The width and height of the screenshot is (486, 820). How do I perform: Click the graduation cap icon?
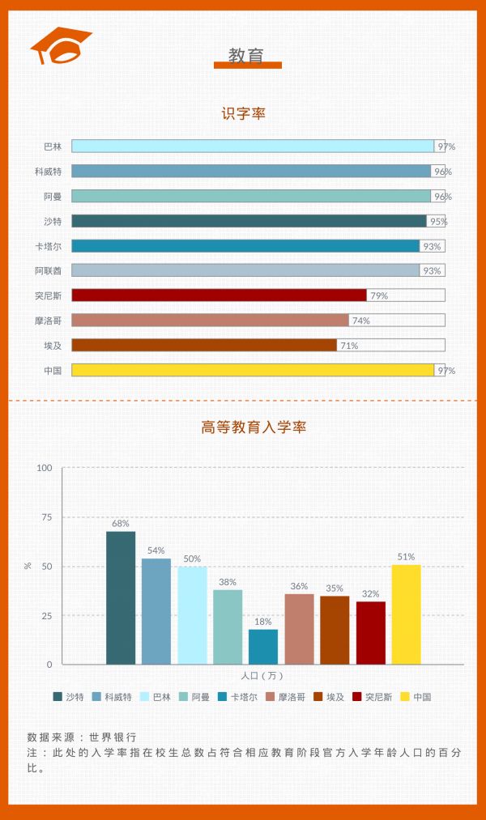pos(60,46)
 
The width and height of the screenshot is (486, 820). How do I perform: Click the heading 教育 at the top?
pos(246,55)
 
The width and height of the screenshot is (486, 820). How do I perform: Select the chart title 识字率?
pos(244,114)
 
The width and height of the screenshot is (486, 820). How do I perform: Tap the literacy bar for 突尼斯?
pos(219,295)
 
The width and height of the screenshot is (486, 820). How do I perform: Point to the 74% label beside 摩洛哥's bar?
pos(360,321)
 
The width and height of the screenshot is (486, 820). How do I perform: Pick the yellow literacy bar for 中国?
pos(253,370)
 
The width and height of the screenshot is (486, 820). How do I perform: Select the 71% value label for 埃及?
pos(348,346)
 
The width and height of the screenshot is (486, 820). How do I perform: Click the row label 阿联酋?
pos(48,270)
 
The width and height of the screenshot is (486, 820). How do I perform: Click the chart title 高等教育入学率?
pos(254,427)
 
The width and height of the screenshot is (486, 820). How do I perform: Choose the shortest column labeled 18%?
pos(263,647)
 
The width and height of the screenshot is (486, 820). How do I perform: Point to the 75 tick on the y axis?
pos(46,516)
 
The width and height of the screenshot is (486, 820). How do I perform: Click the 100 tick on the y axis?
pos(45,468)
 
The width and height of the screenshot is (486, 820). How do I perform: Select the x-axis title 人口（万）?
pos(262,675)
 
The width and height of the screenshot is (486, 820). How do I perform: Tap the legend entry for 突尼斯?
pos(372,696)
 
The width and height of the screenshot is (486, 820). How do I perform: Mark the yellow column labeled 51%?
pos(406,614)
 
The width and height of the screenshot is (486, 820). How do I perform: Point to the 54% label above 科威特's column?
pos(156,550)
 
